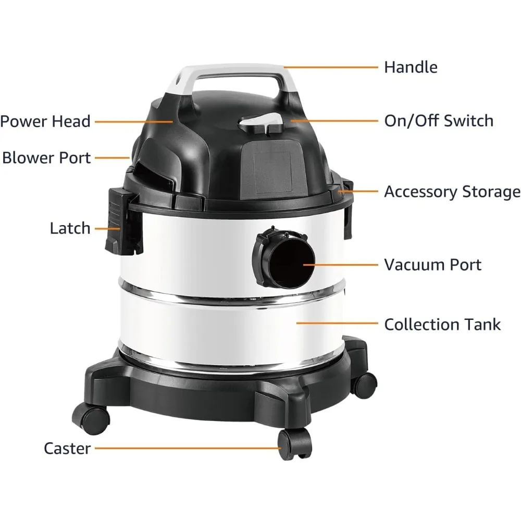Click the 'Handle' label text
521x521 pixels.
(411, 67)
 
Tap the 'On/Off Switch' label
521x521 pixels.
(438, 121)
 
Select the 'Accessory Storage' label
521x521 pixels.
(452, 192)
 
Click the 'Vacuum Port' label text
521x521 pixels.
(432, 264)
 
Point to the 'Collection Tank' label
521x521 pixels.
(442, 324)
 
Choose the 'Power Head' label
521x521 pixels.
(45, 121)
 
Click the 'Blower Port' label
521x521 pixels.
(46, 157)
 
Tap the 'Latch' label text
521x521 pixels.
(70, 228)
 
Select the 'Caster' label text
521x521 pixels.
(67, 448)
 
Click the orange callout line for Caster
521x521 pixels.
(188, 448)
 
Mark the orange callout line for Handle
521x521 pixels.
(331, 67)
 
